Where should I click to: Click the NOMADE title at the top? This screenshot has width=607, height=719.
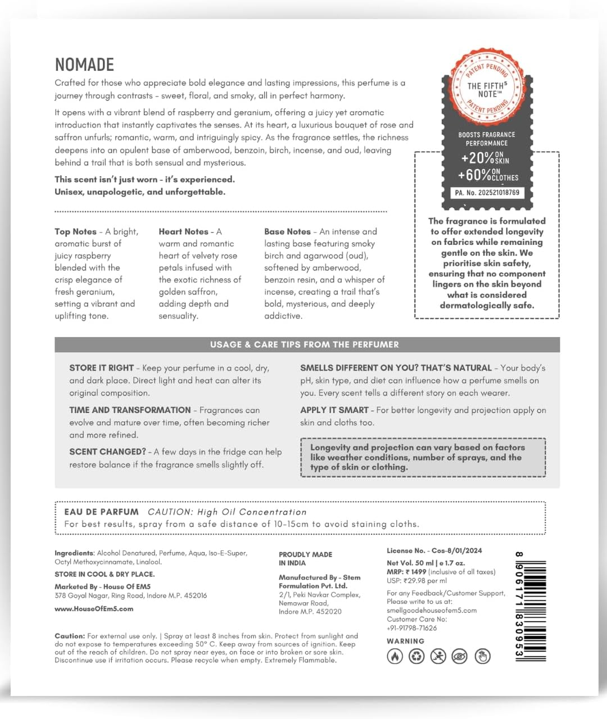pyautogui.click(x=84, y=65)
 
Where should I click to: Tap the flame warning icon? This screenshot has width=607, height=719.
pyautogui.click(x=395, y=656)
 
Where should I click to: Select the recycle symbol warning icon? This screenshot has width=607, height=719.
pyautogui.click(x=416, y=656)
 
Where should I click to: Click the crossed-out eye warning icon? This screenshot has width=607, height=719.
pyautogui.click(x=460, y=656)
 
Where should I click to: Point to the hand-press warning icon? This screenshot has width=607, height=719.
pyautogui.click(x=482, y=656)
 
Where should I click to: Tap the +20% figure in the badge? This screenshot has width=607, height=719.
pyautogui.click(x=477, y=158)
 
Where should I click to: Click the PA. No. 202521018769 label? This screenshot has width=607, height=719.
pyautogui.click(x=487, y=193)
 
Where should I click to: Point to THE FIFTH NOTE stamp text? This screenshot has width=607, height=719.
pyautogui.click(x=487, y=90)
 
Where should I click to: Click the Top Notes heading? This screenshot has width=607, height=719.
pyautogui.click(x=75, y=231)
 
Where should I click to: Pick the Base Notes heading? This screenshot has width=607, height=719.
pyautogui.click(x=287, y=231)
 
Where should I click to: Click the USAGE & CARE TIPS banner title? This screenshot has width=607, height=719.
pyautogui.click(x=304, y=344)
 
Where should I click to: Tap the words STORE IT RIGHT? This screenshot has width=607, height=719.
pyautogui.click(x=101, y=368)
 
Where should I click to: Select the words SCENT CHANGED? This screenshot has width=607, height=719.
pyautogui.click(x=107, y=452)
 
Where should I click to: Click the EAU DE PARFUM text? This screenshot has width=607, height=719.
pyautogui.click(x=101, y=512)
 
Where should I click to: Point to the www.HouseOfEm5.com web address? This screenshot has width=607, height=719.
pyautogui.click(x=94, y=609)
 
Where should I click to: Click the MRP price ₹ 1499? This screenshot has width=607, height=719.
pyautogui.click(x=415, y=572)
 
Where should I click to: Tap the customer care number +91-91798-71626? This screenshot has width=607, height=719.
pyautogui.click(x=411, y=628)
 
